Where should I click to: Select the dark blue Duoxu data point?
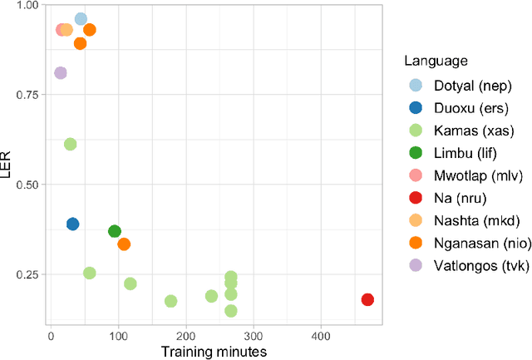(72, 224)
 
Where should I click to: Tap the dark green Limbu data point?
(115, 231)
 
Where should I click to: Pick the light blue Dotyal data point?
(81, 19)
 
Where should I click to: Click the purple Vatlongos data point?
(60, 73)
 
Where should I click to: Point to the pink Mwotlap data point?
(61, 30)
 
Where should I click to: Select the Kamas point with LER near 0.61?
(70, 144)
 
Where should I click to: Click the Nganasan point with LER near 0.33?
(124, 244)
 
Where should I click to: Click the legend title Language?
(435, 61)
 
